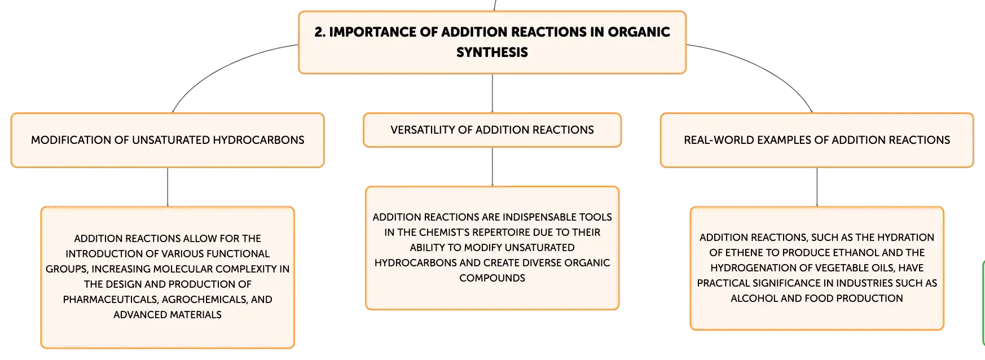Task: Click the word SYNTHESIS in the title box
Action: click(x=492, y=52)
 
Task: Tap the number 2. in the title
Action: click(x=320, y=32)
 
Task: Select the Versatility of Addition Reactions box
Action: click(x=492, y=130)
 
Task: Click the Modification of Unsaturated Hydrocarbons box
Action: click(x=168, y=141)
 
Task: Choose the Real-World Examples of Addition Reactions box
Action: click(x=817, y=141)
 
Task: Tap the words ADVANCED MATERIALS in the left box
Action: click(x=168, y=315)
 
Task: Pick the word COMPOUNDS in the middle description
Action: click(x=492, y=278)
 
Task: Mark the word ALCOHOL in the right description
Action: click(x=754, y=298)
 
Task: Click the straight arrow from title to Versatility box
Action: click(x=492, y=93)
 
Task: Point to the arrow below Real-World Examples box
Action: click(x=817, y=187)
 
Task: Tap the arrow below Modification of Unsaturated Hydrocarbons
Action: click(x=168, y=187)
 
